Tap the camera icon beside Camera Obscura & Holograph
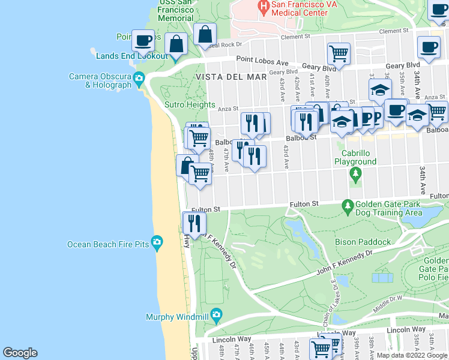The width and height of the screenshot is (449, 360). (x=139, y=78)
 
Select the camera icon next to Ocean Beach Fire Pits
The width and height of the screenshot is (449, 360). (x=157, y=243)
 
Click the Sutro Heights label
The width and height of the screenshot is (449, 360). (x=190, y=104)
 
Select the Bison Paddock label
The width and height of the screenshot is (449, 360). (x=368, y=242)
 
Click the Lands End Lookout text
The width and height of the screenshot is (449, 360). (x=131, y=56)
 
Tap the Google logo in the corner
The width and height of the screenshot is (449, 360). (x=20, y=353)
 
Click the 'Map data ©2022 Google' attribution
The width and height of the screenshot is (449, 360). (x=412, y=356)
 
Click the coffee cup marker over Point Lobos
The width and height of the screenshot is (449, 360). (x=143, y=40)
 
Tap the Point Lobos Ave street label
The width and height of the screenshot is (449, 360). (x=262, y=60)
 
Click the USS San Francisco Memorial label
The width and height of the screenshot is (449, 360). (x=175, y=11)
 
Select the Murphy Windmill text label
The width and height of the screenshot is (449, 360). (x=177, y=317)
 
